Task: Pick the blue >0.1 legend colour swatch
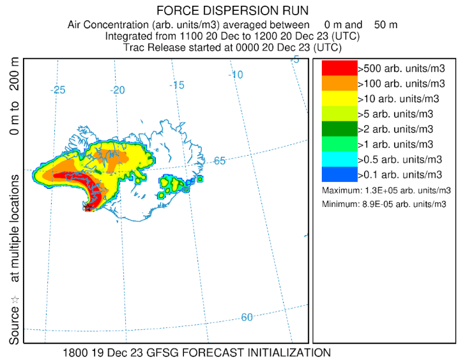339,174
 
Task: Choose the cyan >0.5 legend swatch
339,159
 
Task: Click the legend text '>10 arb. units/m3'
400,99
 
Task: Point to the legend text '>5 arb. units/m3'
397,114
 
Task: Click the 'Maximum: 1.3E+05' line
386,190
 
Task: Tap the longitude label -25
59,90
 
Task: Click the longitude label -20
118,90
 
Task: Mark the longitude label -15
177,85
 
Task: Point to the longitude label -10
236,75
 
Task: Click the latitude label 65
220,161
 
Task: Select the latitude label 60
247,317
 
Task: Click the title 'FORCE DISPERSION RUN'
232,11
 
